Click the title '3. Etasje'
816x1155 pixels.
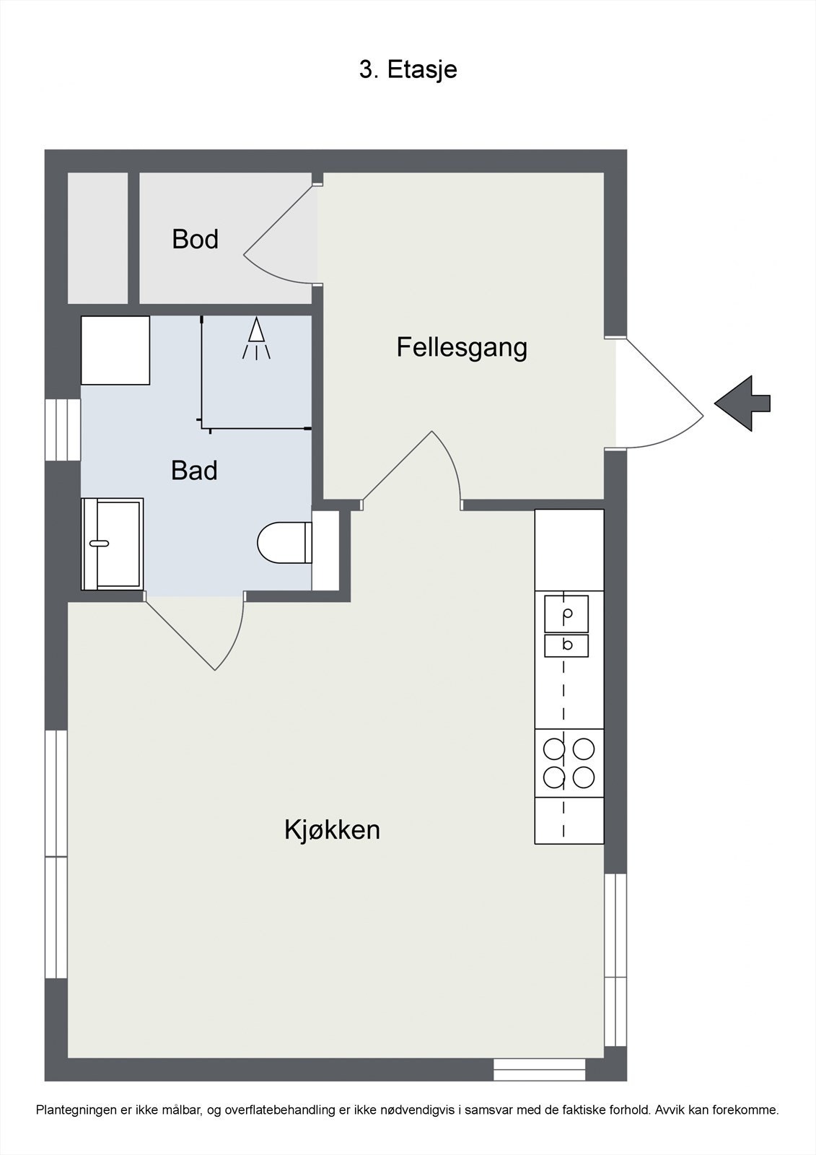408,69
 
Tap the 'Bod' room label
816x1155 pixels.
195,239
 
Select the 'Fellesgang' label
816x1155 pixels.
462,348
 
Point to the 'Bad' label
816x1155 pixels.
194,470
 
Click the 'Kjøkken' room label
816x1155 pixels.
332,830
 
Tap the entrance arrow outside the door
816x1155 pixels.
742,404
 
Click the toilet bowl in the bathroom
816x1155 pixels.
284,542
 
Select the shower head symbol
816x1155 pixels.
256,339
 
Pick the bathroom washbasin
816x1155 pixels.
112,544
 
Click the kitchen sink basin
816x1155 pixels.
566,614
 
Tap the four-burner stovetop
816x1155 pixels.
569,763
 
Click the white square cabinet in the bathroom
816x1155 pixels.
115,350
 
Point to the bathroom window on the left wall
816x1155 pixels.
63,430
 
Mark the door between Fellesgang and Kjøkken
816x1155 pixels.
413,470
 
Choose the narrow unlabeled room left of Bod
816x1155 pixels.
98,237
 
